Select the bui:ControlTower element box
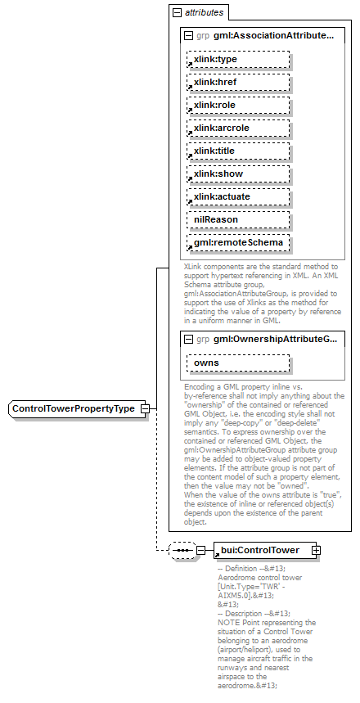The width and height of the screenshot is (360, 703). pyautogui.click(x=261, y=550)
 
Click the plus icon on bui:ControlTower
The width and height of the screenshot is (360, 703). pyautogui.click(x=316, y=550)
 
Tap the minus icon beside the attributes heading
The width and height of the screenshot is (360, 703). pyautogui.click(x=175, y=13)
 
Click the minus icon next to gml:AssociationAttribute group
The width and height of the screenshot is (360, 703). pyautogui.click(x=188, y=36)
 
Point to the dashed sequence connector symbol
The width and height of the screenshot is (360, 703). pyautogui.click(x=181, y=550)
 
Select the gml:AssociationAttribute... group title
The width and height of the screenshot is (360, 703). pyautogui.click(x=275, y=36)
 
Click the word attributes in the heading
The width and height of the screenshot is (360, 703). pyautogui.click(x=204, y=13)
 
